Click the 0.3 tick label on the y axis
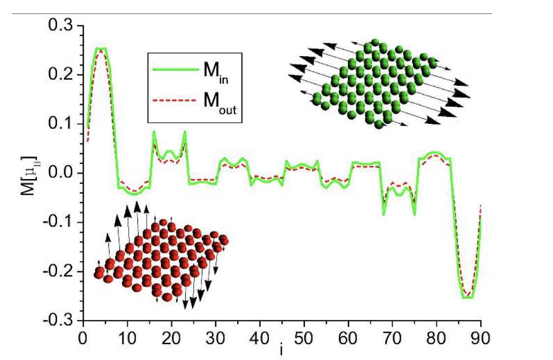tap(61, 27)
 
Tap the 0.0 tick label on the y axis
tap(61, 174)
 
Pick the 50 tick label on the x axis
tap(304, 338)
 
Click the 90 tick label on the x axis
tap(480, 338)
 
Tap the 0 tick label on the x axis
tap(83, 338)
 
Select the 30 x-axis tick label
tap(215, 338)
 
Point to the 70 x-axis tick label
tap(392, 338)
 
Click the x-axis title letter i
tap(281, 349)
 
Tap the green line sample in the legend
tap(176, 69)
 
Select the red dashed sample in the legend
tap(174, 100)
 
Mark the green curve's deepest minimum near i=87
tap(468, 297)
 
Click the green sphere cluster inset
tap(379, 84)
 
